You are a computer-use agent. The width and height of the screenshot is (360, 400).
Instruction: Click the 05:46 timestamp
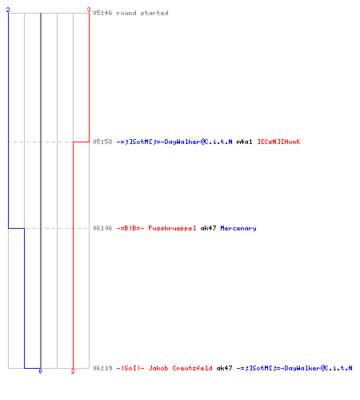[102, 13]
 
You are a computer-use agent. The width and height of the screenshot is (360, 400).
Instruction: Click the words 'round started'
[142, 13]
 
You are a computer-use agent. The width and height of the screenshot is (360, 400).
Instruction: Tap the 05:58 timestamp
[102, 142]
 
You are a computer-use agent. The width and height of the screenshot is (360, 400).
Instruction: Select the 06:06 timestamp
[102, 228]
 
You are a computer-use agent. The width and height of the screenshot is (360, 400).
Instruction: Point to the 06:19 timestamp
[102, 368]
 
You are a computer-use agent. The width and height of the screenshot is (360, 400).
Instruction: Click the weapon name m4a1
[244, 142]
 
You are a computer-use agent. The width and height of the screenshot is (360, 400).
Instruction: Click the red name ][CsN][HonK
[278, 142]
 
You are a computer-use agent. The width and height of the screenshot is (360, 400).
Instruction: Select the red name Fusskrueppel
[172, 228]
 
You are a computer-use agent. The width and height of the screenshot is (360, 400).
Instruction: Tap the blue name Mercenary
[238, 228]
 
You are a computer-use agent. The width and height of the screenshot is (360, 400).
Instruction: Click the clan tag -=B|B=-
[130, 228]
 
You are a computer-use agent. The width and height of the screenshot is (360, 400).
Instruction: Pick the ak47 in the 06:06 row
[208, 228]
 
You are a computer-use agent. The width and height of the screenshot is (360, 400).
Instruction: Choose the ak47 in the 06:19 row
[224, 368]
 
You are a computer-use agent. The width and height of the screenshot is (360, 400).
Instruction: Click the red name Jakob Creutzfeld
[181, 368]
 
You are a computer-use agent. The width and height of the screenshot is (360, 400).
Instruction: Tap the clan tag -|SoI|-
[130, 368]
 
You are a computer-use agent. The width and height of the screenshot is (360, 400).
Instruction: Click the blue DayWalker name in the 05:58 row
[174, 142]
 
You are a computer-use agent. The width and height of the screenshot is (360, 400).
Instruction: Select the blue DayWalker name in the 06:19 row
[294, 368]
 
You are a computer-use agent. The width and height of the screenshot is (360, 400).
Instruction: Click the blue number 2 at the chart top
[8, 10]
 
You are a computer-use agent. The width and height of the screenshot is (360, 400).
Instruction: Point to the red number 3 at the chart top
[89, 10]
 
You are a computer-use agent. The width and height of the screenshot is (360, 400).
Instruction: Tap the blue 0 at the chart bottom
[40, 371]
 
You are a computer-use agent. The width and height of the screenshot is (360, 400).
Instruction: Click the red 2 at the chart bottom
[73, 371]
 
